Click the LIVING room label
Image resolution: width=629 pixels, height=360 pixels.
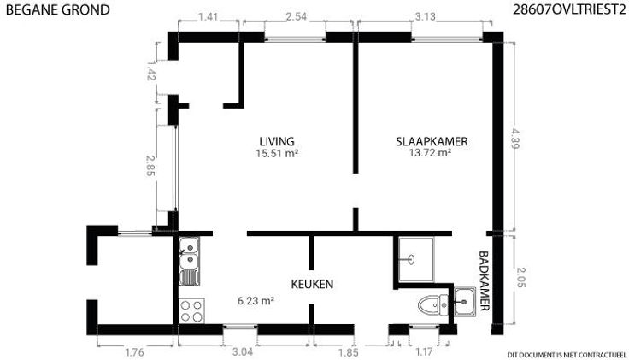click(x=276, y=141)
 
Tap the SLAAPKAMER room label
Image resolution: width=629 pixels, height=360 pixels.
click(x=432, y=141)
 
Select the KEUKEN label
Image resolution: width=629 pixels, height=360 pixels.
click(x=312, y=284)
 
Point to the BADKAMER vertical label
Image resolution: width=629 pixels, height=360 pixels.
click(x=485, y=281)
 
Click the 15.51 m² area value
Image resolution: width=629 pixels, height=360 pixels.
click(x=277, y=153)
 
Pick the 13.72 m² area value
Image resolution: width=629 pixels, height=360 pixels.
click(x=430, y=152)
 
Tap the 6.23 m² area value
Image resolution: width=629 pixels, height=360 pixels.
click(x=256, y=300)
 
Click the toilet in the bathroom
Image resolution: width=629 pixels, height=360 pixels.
click(x=433, y=305)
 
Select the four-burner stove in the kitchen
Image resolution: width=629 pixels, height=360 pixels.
click(x=191, y=311)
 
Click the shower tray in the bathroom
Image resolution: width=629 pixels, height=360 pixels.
click(x=416, y=259)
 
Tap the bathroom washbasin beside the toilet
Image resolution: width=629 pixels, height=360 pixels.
click(x=465, y=301)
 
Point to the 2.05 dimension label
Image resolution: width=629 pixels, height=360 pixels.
click(x=520, y=277)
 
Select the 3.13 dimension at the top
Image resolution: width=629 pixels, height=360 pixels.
click(x=426, y=17)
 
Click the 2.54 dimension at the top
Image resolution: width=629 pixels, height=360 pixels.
click(x=297, y=16)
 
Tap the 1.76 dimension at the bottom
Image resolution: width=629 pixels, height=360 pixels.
click(x=134, y=352)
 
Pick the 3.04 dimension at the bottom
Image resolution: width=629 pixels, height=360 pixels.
click(x=243, y=352)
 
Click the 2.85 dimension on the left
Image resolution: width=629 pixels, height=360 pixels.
click(x=150, y=166)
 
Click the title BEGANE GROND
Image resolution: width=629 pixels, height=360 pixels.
click(x=58, y=10)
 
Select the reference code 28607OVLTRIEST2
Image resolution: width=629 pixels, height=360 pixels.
click(x=570, y=9)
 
